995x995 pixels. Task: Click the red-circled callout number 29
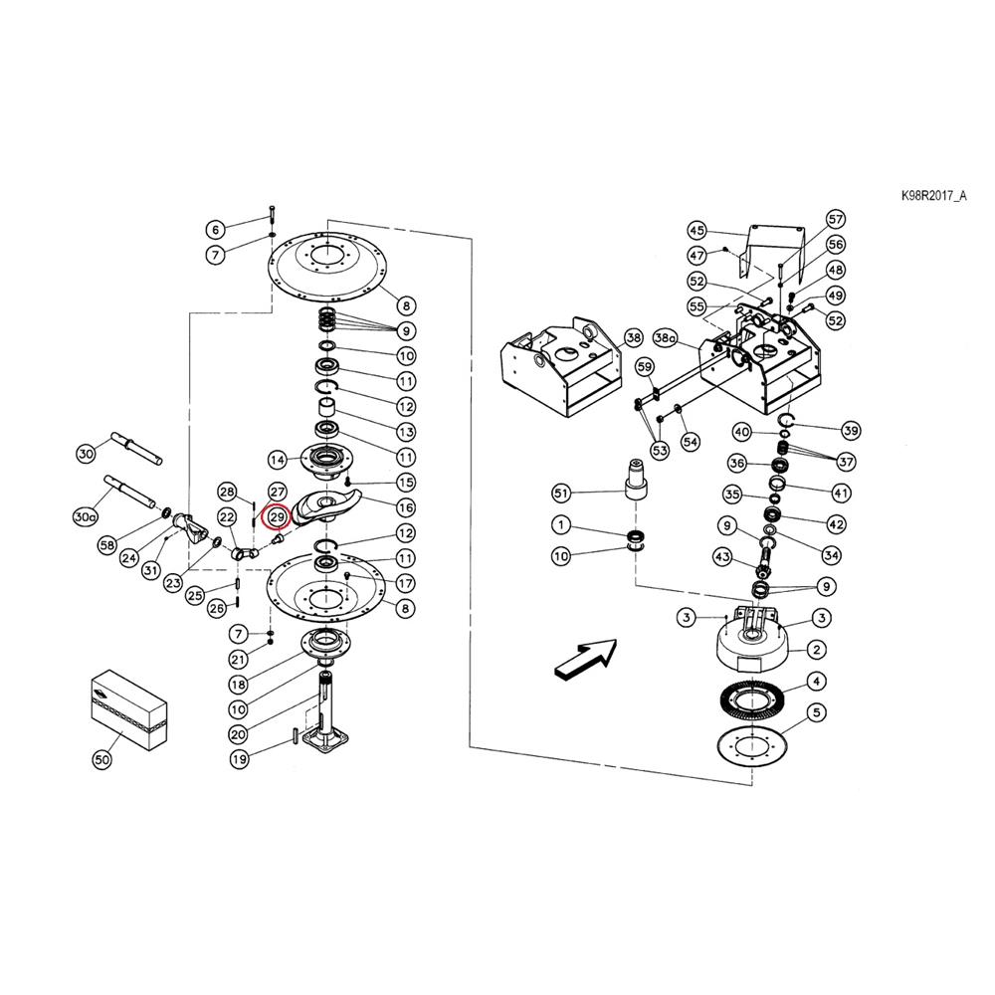coord(277,517)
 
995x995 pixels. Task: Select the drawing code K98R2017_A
coord(933,195)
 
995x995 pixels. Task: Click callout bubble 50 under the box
coord(102,759)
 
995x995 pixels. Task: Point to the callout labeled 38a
coord(665,338)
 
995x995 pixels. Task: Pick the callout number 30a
coord(85,517)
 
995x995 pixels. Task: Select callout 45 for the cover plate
coord(696,231)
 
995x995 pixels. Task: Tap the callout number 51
coord(561,494)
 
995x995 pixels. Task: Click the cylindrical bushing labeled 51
coord(637,481)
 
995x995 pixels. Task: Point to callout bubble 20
coord(238,735)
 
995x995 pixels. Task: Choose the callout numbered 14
coord(278,460)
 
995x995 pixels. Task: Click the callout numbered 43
coord(722,557)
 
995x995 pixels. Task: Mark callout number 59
coord(645,367)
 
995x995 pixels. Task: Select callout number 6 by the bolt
coord(216,230)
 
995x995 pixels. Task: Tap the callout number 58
coord(107,544)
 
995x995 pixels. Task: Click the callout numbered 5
coord(816,712)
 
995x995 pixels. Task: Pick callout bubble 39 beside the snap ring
coord(851,431)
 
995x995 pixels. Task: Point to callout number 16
coord(406,507)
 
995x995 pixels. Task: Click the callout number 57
coord(836,220)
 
